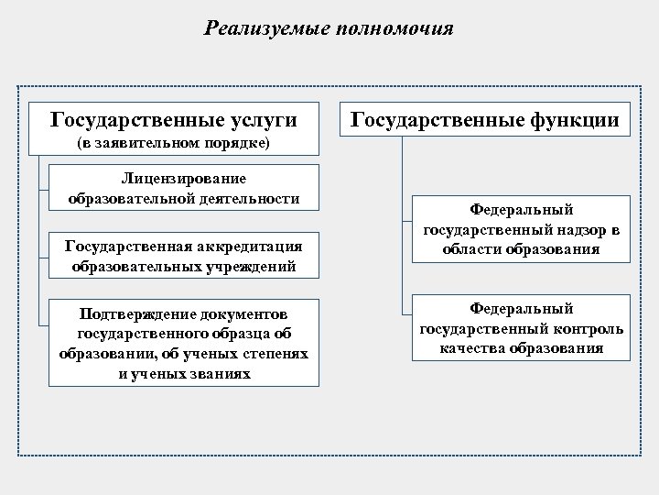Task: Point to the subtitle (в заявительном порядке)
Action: pyautogui.click(x=173, y=146)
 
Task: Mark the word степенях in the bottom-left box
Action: pyautogui.click(x=272, y=354)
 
